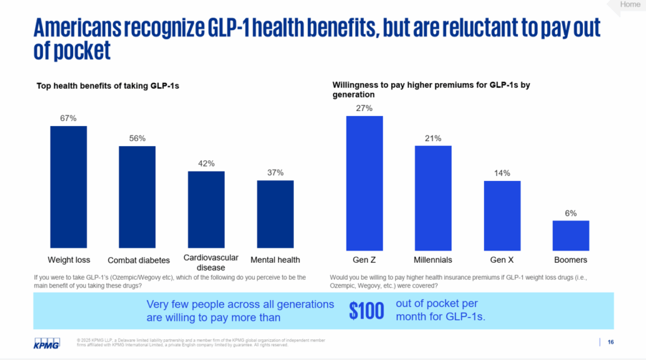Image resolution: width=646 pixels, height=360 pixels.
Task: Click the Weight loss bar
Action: point(69,187)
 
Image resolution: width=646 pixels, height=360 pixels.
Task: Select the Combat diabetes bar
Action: point(138,197)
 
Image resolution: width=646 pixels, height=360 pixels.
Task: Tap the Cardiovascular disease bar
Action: point(206,209)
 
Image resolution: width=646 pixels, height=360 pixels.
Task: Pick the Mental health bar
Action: point(275,214)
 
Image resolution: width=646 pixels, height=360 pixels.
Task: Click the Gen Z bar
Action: point(365,182)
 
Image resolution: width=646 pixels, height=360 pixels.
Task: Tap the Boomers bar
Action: point(570,234)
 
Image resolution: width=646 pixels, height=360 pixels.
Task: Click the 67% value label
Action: point(68,118)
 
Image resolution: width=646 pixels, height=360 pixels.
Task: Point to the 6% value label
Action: point(570,213)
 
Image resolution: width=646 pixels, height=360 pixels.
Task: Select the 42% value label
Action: point(206,164)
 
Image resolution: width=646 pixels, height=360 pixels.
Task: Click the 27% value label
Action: point(365,108)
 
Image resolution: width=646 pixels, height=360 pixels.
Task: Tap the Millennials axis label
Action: point(433,260)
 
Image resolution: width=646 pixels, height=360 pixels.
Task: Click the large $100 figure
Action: point(366,310)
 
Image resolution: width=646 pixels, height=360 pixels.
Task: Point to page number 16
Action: point(611,342)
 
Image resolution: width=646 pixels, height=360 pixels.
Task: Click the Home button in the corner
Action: point(630,5)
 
